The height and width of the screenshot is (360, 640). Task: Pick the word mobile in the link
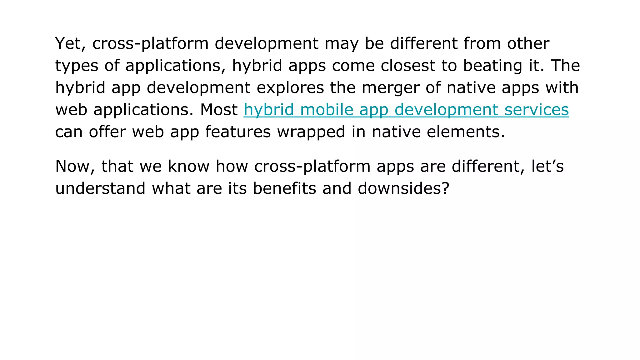pos(326,110)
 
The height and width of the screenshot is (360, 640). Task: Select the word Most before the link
pos(219,110)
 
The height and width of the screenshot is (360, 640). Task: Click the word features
pos(238,132)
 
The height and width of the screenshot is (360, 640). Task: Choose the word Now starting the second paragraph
pos(75,167)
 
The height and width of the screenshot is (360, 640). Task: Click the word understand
pos(100,188)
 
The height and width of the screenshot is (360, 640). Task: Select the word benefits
pos(284,188)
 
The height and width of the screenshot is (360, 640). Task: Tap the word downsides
pos(400,188)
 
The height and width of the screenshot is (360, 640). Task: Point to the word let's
pos(547,166)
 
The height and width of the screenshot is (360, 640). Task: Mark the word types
pos(77,66)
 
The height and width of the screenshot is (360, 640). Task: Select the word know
pos(189,166)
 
